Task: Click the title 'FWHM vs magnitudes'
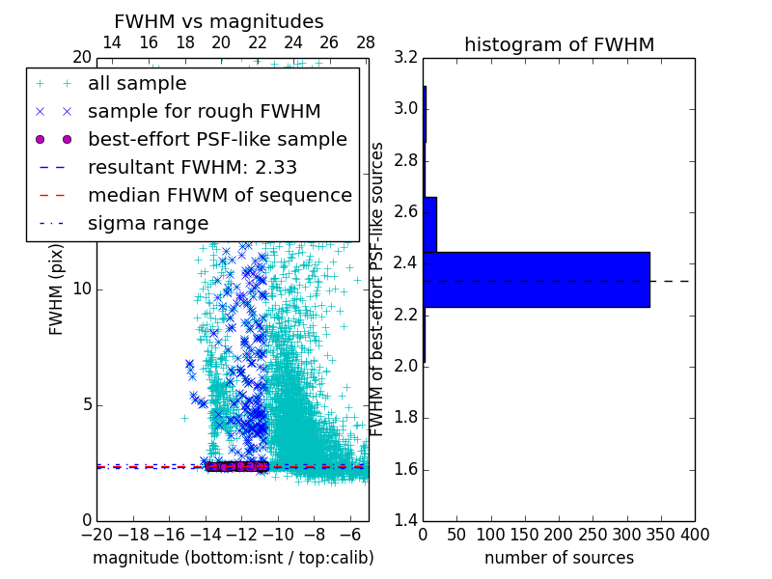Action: (x=219, y=21)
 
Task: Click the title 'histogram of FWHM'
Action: (x=559, y=44)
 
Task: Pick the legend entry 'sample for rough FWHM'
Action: (x=204, y=112)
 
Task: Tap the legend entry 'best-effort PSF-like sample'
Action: (x=217, y=140)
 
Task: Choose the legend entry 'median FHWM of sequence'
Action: (x=219, y=196)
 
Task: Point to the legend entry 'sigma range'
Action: (x=148, y=224)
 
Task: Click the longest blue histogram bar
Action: (x=536, y=280)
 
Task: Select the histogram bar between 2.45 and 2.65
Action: (x=429, y=225)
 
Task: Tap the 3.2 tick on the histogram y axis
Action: (x=406, y=57)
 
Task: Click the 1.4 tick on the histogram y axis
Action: (x=406, y=521)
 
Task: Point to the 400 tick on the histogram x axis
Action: (x=695, y=535)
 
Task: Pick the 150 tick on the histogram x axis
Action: (x=525, y=535)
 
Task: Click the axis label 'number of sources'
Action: (x=559, y=558)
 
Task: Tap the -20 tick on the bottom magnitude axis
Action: (x=97, y=535)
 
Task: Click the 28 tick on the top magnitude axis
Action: (x=366, y=42)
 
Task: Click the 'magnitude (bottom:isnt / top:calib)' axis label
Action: (x=233, y=558)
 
